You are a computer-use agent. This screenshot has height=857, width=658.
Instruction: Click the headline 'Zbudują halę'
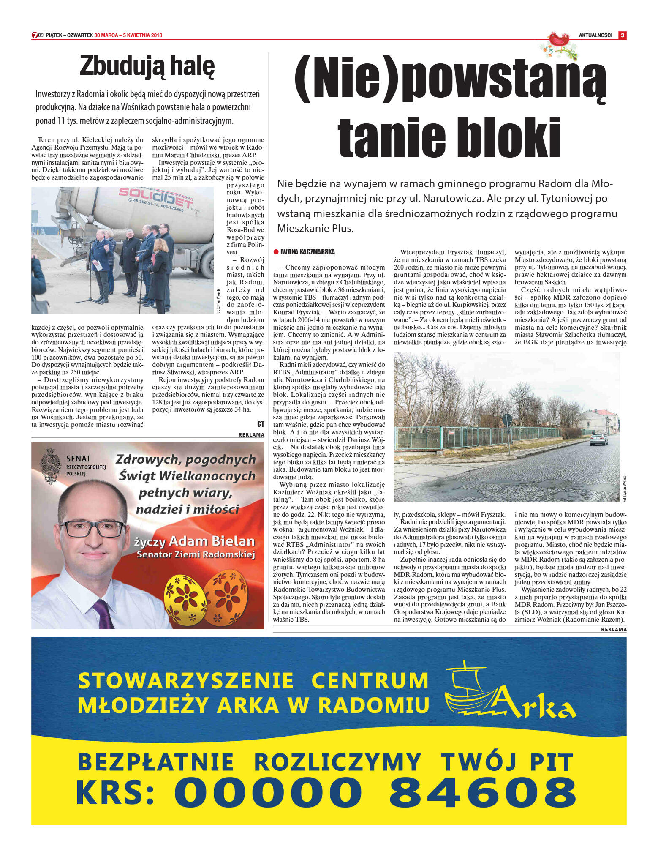tap(147, 66)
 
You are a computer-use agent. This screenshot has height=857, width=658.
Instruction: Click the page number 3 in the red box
tap(622, 35)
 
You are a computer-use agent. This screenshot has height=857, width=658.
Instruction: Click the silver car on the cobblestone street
tap(598, 439)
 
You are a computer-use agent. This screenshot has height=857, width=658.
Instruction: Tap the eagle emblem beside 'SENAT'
tap(51, 466)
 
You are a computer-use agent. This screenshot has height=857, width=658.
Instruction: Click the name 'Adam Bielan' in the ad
tap(212, 541)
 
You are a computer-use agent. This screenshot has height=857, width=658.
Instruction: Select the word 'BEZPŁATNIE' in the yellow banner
tap(155, 762)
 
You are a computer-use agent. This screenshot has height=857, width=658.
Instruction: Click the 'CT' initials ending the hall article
tap(260, 424)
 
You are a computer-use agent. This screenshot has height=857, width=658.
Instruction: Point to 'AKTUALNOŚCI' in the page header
tap(595, 35)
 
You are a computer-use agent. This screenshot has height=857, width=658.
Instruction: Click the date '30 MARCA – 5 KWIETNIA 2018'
tap(128, 35)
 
